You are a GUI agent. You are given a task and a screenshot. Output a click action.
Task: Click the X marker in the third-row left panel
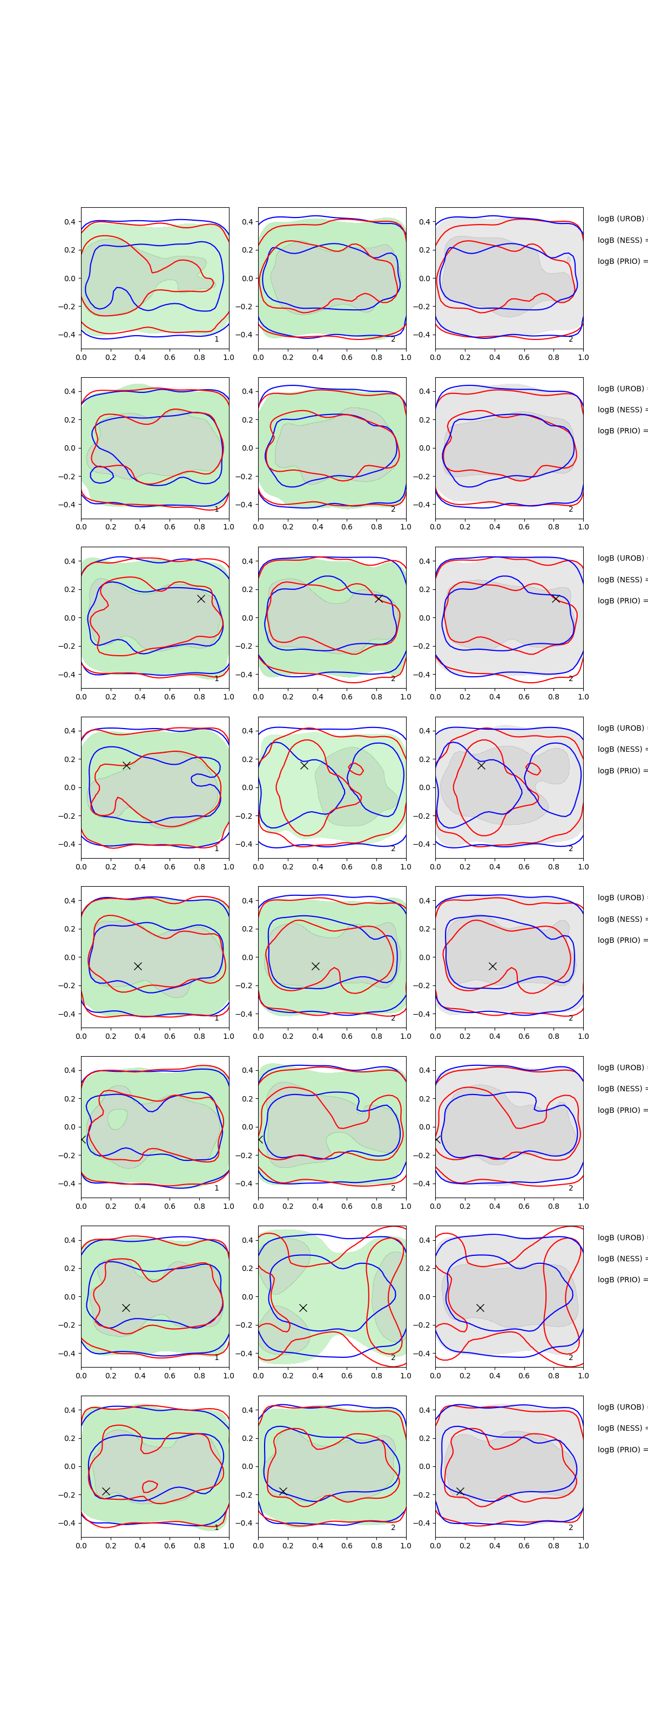click(x=200, y=599)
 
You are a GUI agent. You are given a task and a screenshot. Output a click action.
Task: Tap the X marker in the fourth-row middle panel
click(x=304, y=765)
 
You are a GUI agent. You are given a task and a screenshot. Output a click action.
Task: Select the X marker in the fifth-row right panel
click(x=492, y=966)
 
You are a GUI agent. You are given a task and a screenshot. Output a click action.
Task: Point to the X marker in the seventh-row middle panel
click(x=303, y=1307)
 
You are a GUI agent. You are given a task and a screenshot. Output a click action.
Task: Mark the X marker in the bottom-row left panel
click(x=106, y=1491)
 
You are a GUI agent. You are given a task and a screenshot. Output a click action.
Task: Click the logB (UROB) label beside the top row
click(x=621, y=219)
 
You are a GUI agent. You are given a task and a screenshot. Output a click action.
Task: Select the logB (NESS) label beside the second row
click(x=621, y=410)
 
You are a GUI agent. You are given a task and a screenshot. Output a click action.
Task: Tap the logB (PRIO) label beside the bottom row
click(x=621, y=1450)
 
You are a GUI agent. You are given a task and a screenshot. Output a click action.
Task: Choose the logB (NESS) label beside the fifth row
click(x=621, y=919)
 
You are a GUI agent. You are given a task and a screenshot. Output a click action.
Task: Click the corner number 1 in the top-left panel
click(x=217, y=339)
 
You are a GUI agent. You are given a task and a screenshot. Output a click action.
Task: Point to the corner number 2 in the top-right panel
click(x=571, y=339)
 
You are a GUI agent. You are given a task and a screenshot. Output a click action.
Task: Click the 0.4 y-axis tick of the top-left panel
click(x=70, y=222)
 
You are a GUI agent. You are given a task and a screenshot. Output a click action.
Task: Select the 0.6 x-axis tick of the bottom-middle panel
click(x=347, y=1545)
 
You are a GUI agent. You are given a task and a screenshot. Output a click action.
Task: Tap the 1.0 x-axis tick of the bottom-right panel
click(x=583, y=1545)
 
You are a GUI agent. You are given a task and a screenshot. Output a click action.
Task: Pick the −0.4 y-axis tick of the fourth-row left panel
click(x=67, y=844)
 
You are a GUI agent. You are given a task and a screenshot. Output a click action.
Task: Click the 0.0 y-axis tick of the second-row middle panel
click(x=247, y=448)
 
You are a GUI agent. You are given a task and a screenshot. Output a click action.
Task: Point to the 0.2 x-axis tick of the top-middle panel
click(x=288, y=357)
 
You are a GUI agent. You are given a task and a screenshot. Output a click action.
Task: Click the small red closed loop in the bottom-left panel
click(x=150, y=1486)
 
